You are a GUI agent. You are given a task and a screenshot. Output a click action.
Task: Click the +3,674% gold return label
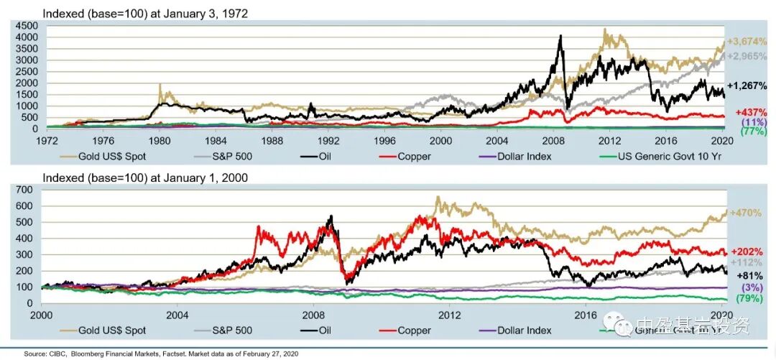pyautogui.click(x=749, y=41)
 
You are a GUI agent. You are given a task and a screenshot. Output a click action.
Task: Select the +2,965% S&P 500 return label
pyautogui.click(x=749, y=56)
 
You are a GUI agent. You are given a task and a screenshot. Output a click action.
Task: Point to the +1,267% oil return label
pyautogui.click(x=749, y=86)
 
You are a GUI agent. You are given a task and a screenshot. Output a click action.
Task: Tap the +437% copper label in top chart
pyautogui.click(x=751, y=113)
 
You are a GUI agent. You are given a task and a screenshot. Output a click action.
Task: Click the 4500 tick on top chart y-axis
pyautogui.click(x=27, y=26)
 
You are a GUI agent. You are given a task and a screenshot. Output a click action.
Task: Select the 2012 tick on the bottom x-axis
pyautogui.click(x=449, y=315)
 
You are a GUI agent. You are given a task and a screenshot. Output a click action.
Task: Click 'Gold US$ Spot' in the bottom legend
pyautogui.click(x=113, y=331)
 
